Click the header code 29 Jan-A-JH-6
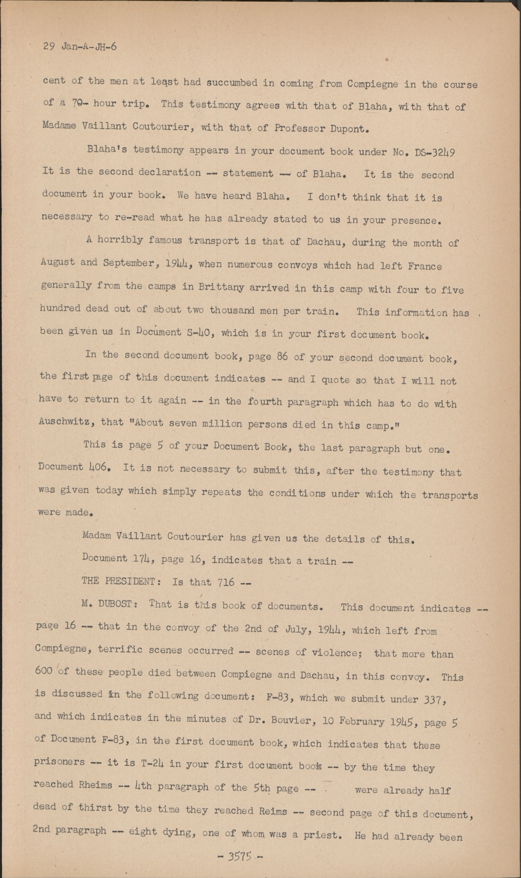[80, 47]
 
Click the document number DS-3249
[433, 152]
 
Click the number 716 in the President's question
[225, 582]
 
